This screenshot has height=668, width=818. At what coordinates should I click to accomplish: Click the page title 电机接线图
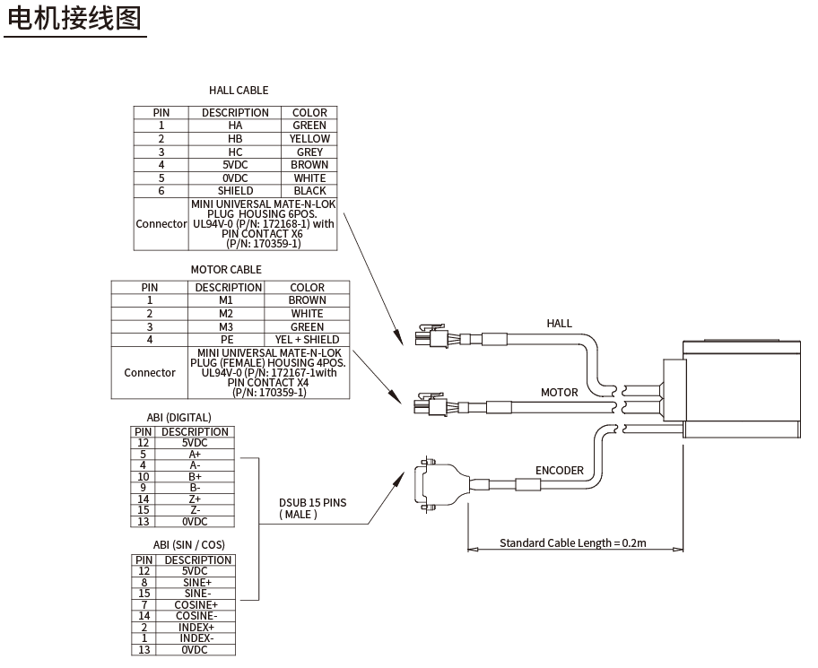[x=74, y=18]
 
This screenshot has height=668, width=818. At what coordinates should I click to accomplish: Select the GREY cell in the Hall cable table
[x=309, y=152]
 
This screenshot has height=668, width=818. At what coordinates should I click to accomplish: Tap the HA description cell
[x=235, y=126]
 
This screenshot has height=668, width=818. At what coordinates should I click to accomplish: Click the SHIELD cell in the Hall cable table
[x=235, y=190]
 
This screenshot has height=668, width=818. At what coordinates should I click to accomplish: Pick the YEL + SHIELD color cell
[x=307, y=339]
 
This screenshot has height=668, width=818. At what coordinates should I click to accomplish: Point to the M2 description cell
[x=226, y=314]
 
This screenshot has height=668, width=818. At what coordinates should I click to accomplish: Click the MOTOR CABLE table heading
[x=226, y=269]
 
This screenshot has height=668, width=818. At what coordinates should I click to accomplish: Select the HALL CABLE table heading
[x=239, y=90]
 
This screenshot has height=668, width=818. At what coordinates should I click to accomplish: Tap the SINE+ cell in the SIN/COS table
[x=195, y=582]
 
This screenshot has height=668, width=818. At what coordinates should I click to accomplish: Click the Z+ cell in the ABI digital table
[x=195, y=499]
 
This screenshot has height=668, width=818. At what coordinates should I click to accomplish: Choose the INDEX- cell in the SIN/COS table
[x=195, y=638]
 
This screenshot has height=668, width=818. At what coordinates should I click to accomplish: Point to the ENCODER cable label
[x=559, y=470]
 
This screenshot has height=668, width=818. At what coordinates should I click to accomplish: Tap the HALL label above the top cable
[x=559, y=323]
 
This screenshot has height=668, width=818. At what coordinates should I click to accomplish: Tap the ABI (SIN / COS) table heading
[x=188, y=544]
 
